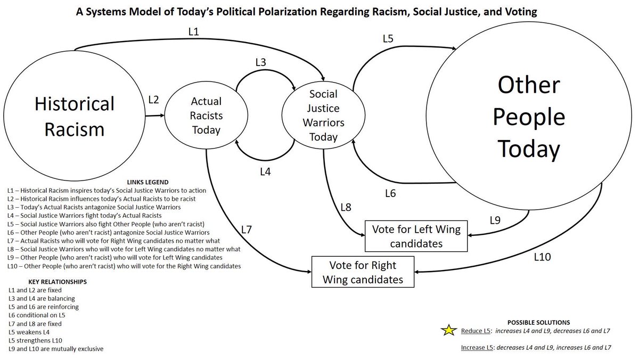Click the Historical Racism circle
(x=75, y=116)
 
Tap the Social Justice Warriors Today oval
(x=323, y=116)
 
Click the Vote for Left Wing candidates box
(x=413, y=236)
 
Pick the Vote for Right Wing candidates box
(x=363, y=272)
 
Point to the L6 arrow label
(x=390, y=193)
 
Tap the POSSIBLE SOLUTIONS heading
(x=538, y=322)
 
